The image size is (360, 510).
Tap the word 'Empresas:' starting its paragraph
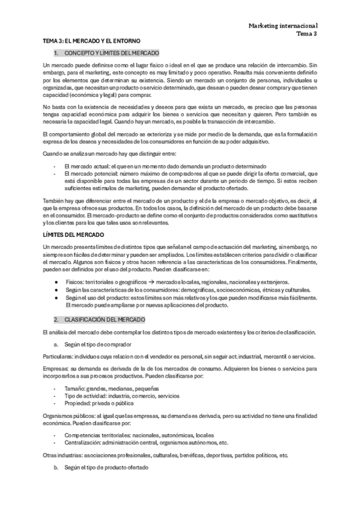[57, 367]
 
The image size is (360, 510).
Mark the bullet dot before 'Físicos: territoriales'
[55, 281]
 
